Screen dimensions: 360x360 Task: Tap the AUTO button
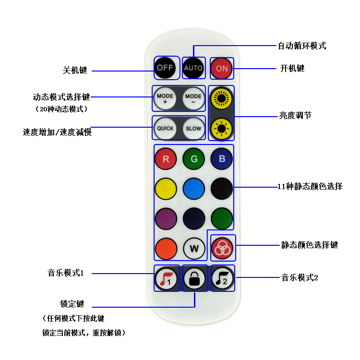pos(193,68)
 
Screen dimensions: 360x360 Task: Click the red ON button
pos(222,68)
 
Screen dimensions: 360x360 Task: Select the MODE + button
pos(165,99)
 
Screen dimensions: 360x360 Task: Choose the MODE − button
pos(193,99)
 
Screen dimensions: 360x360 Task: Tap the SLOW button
pos(193,128)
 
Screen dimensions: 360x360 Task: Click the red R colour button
pos(166,159)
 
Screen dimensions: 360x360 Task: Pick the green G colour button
pos(194,159)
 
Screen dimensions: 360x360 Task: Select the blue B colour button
pos(222,159)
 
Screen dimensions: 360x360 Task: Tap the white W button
pos(194,249)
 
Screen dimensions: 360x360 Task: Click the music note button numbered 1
pos(166,278)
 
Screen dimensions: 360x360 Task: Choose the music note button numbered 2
pos(223,278)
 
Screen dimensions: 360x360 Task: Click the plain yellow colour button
pos(166,188)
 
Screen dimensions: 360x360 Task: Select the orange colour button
pos(166,249)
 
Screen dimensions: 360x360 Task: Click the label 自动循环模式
pos(302,46)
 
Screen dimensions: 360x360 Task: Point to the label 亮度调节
pos(295,115)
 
